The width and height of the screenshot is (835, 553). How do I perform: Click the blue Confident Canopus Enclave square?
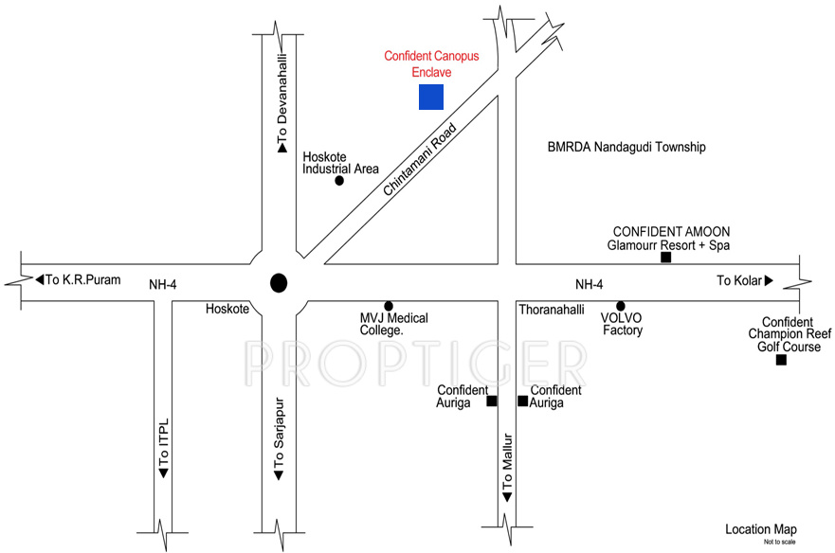tap(431, 97)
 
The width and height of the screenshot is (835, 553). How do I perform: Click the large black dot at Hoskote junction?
tap(278, 282)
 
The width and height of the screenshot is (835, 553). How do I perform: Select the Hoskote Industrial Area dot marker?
tap(339, 180)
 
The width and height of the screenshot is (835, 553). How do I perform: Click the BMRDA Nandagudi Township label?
tap(626, 148)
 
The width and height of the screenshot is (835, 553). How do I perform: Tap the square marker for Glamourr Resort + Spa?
tap(665, 258)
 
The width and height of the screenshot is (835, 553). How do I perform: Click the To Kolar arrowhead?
tap(769, 280)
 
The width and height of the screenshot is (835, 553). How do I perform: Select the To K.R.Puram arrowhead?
tap(40, 279)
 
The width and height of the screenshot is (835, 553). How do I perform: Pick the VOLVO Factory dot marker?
tap(621, 306)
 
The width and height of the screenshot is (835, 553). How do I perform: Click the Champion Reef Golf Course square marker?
tap(780, 360)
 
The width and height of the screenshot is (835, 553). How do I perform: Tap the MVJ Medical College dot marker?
tap(388, 305)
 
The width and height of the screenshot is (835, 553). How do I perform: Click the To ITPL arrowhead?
tap(163, 472)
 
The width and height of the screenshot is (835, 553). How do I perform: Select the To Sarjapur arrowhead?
tap(278, 474)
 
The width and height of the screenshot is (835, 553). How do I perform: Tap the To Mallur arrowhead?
tap(507, 497)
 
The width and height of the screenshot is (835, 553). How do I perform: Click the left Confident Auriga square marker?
tap(491, 401)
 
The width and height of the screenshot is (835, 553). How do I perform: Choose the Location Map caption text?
tap(761, 529)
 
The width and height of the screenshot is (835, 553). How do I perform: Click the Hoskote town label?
tap(227, 309)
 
